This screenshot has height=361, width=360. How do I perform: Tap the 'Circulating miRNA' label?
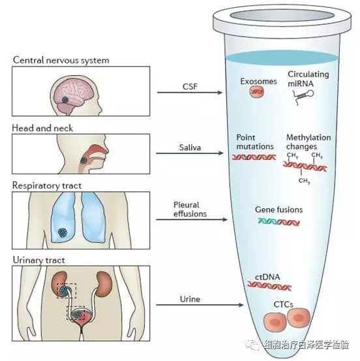[x=308, y=79]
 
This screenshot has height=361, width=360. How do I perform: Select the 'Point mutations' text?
[x=255, y=142]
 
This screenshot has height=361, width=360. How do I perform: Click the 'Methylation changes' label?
[x=308, y=142]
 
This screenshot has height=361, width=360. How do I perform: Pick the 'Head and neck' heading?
[x=42, y=128]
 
